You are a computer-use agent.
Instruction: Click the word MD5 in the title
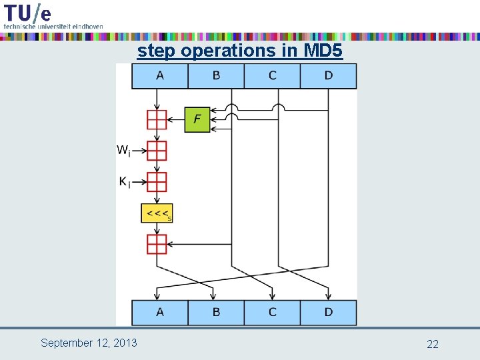coord(323,51)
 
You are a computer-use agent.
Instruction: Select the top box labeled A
coord(160,76)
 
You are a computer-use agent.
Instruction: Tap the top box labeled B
coord(216,76)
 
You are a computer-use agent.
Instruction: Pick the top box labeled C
coord(272,76)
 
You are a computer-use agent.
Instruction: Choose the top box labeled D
coord(328,76)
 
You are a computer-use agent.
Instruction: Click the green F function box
coord(197,119)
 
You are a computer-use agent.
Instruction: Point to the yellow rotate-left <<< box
coord(157,213)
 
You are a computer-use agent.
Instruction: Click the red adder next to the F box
coord(157,119)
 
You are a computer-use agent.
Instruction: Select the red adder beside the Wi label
coord(157,151)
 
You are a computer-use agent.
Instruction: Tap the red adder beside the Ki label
coord(157,182)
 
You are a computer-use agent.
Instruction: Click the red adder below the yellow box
coord(157,244)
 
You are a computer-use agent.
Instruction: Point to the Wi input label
coord(123,151)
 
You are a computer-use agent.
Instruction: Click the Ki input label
coord(125,182)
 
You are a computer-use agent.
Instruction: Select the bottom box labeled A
coord(160,313)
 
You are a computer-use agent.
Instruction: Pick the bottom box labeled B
coord(216,313)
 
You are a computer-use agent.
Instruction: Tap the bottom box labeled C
coord(272,313)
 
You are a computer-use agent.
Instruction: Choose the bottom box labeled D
coord(328,313)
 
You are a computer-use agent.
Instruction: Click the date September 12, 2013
coord(89,343)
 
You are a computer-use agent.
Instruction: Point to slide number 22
coord(433,344)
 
